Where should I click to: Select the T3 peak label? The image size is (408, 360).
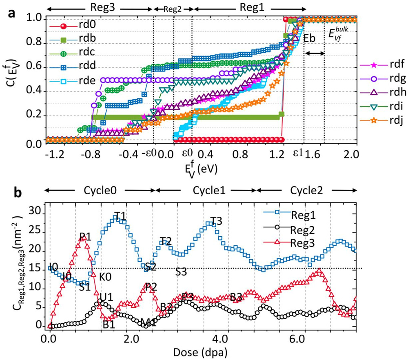216,221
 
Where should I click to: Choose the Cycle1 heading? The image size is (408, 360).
206,190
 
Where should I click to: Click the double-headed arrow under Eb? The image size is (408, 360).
315,53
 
